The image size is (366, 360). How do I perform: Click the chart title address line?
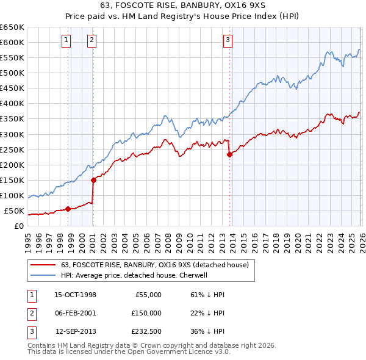coord(183,5)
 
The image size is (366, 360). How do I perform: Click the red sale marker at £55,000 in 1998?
coord(68,209)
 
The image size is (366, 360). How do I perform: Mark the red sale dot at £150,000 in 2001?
coord(93,180)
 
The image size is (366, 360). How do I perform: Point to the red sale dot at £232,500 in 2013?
coord(229,154)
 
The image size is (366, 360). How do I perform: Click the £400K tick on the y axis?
coord(13,103)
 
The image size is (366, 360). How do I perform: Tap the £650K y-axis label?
coord(13,27)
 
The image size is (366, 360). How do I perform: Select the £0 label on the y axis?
coord(18,226)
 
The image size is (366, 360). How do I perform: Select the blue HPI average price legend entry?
coord(134,275)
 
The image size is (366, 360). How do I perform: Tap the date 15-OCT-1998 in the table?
coord(75,295)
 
